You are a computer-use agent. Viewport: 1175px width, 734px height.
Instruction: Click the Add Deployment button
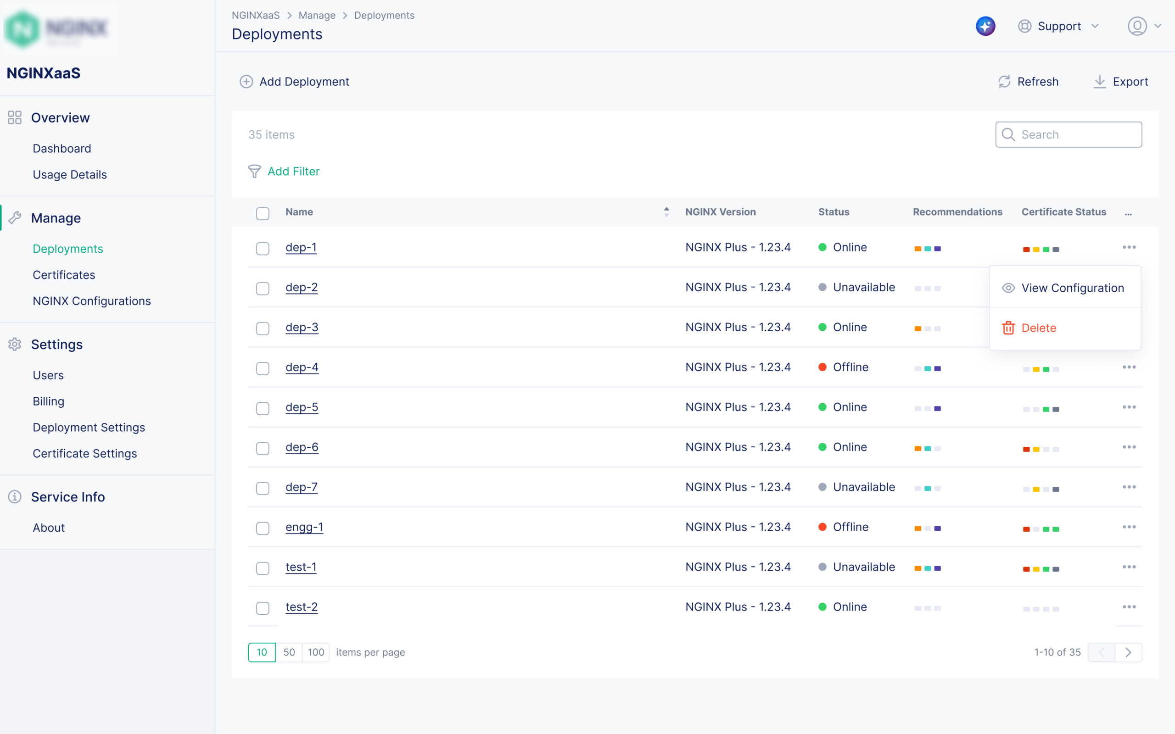[x=295, y=82]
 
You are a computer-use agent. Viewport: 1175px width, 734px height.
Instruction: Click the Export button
[x=1121, y=82]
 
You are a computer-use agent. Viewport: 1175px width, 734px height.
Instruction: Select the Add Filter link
[x=293, y=172]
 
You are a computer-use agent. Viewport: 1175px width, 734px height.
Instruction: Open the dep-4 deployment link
[x=302, y=367]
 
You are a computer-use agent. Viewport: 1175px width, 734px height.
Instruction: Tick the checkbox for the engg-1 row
[x=263, y=528]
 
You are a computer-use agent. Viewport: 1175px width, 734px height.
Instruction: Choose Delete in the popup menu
[x=1038, y=328]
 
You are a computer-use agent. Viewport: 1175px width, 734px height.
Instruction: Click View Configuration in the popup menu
[x=1072, y=288]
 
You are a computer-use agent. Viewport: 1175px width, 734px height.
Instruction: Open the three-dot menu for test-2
[x=1129, y=607]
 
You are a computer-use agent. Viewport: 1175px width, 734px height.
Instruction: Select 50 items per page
[x=289, y=652]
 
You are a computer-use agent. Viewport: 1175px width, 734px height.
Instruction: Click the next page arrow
[x=1128, y=652]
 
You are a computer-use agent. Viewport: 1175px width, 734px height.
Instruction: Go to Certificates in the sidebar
[x=64, y=275]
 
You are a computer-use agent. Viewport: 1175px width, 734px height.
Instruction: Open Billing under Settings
[x=48, y=401]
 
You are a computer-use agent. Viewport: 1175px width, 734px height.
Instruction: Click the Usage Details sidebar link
[x=69, y=174]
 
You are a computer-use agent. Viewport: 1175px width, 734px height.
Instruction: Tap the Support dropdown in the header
[x=1058, y=26]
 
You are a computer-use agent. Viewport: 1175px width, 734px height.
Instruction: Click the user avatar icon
[x=1137, y=26]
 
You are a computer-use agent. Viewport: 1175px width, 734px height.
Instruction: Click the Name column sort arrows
[x=666, y=211]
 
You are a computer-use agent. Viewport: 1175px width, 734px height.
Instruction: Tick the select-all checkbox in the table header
[x=263, y=214]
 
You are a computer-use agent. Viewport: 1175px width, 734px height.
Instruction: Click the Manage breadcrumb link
[x=317, y=16]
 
